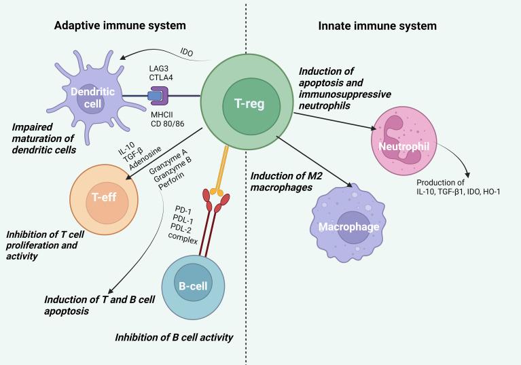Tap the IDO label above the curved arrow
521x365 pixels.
[x=187, y=51]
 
